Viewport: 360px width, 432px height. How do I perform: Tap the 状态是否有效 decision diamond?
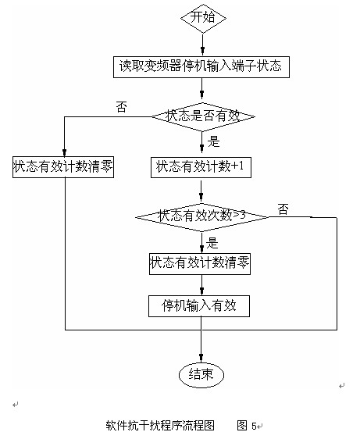coord(202,117)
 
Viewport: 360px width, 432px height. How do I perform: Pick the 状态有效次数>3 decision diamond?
coord(201,215)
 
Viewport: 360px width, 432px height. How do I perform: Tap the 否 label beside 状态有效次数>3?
coord(283,209)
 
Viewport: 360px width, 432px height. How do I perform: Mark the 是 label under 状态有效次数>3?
coord(212,242)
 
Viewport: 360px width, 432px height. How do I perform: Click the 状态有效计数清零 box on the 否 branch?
coord(63,166)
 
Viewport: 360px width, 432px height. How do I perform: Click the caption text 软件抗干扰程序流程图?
coord(159,426)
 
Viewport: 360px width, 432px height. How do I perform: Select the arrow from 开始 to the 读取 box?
coord(202,43)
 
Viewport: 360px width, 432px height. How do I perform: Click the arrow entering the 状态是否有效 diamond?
coord(202,92)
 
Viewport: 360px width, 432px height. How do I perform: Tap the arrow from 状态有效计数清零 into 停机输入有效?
coord(202,285)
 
